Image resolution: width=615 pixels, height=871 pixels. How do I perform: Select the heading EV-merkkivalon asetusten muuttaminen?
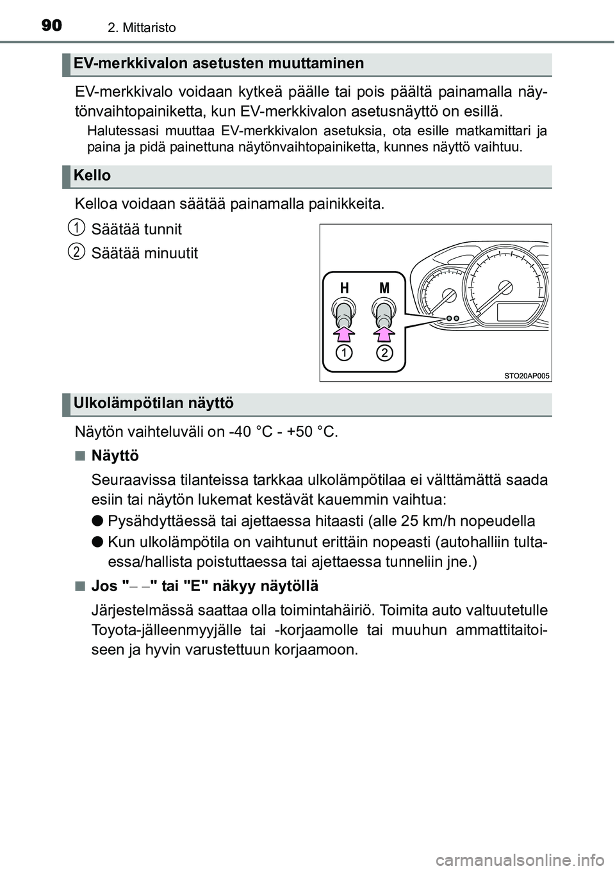click(218, 63)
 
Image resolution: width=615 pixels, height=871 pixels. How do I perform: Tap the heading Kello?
click(92, 175)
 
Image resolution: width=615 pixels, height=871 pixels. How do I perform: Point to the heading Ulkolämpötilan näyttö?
click(154, 403)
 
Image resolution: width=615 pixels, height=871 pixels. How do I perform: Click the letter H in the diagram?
click(345, 288)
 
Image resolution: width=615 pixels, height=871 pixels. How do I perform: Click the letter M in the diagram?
click(384, 288)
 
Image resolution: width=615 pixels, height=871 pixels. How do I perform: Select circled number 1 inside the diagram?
click(345, 353)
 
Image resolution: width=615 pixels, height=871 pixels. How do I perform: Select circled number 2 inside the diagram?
click(384, 353)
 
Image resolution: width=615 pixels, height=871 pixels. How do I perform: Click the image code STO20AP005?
click(521, 375)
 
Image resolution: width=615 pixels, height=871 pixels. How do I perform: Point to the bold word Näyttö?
click(115, 456)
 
